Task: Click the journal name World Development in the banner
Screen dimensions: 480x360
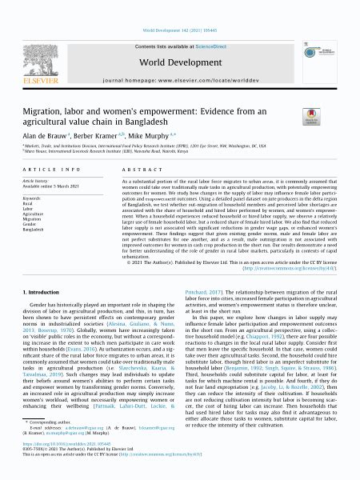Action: [180, 39]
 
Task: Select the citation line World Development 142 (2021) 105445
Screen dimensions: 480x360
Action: [180, 6]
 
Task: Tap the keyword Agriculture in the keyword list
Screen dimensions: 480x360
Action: [34, 214]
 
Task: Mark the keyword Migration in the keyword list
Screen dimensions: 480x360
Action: [33, 219]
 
